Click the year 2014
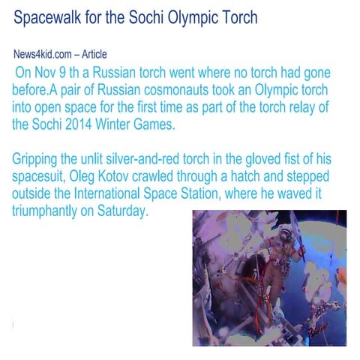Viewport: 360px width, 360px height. [92, 124]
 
